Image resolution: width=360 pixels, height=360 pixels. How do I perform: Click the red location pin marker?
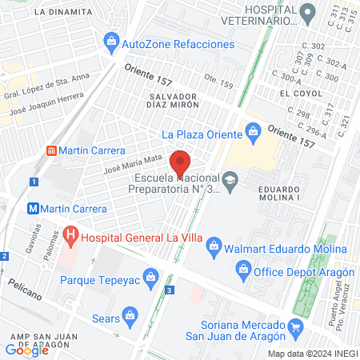pos(181,163)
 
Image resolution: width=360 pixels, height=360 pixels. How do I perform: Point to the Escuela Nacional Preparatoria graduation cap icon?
pos(230,179)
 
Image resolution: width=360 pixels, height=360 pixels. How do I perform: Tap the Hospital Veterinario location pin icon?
pos(307,12)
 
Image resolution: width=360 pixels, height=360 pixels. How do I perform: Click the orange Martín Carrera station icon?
pos(51,150)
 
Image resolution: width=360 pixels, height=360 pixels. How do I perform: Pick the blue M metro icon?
pos(34,207)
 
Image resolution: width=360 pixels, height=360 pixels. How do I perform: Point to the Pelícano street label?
pos(26,284)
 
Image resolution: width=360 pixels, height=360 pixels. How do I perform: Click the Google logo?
pos(26,350)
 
